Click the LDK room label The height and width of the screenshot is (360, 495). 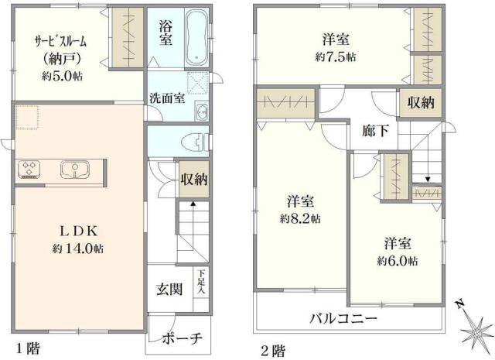tap(78, 230)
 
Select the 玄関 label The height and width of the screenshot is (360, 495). tap(169, 290)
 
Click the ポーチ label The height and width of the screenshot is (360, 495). tap(183, 338)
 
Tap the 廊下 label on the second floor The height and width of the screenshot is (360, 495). tap(375, 130)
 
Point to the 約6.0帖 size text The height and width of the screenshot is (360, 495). tap(397, 260)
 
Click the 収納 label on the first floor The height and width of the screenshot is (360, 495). tap(194, 179)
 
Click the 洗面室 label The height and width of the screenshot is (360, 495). tap(166, 98)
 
